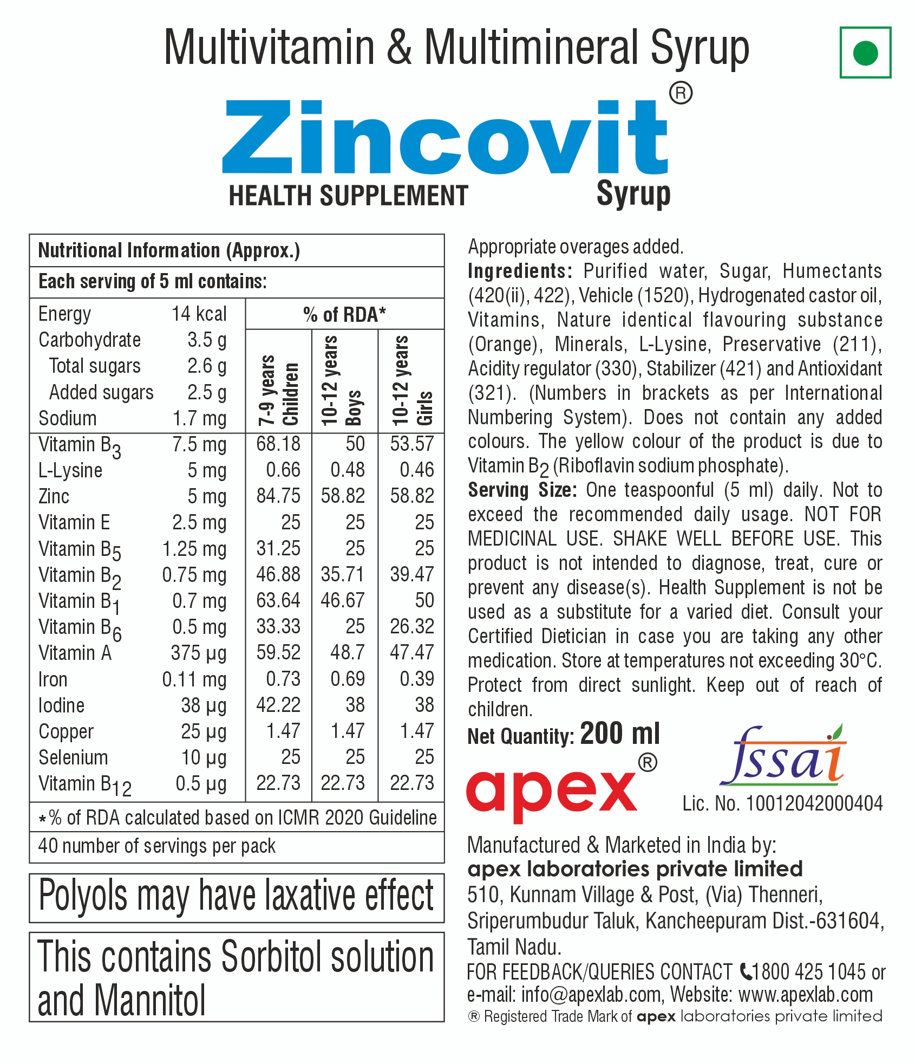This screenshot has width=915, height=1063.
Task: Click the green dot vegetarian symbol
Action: (865, 53)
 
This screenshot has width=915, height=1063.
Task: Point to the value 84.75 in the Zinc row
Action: (278, 496)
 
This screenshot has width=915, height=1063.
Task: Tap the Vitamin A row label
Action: (75, 653)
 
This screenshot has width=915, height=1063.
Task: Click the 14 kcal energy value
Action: (199, 314)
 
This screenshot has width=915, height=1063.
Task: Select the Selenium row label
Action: (73, 757)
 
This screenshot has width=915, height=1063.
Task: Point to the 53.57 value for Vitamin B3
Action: (412, 444)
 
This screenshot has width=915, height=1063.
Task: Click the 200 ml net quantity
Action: (620, 734)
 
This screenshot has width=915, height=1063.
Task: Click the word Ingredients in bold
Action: (519, 271)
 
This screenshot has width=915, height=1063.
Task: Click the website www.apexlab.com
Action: (806, 995)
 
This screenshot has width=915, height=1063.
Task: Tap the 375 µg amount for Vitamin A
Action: (198, 653)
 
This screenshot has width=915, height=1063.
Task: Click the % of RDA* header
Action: (344, 314)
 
